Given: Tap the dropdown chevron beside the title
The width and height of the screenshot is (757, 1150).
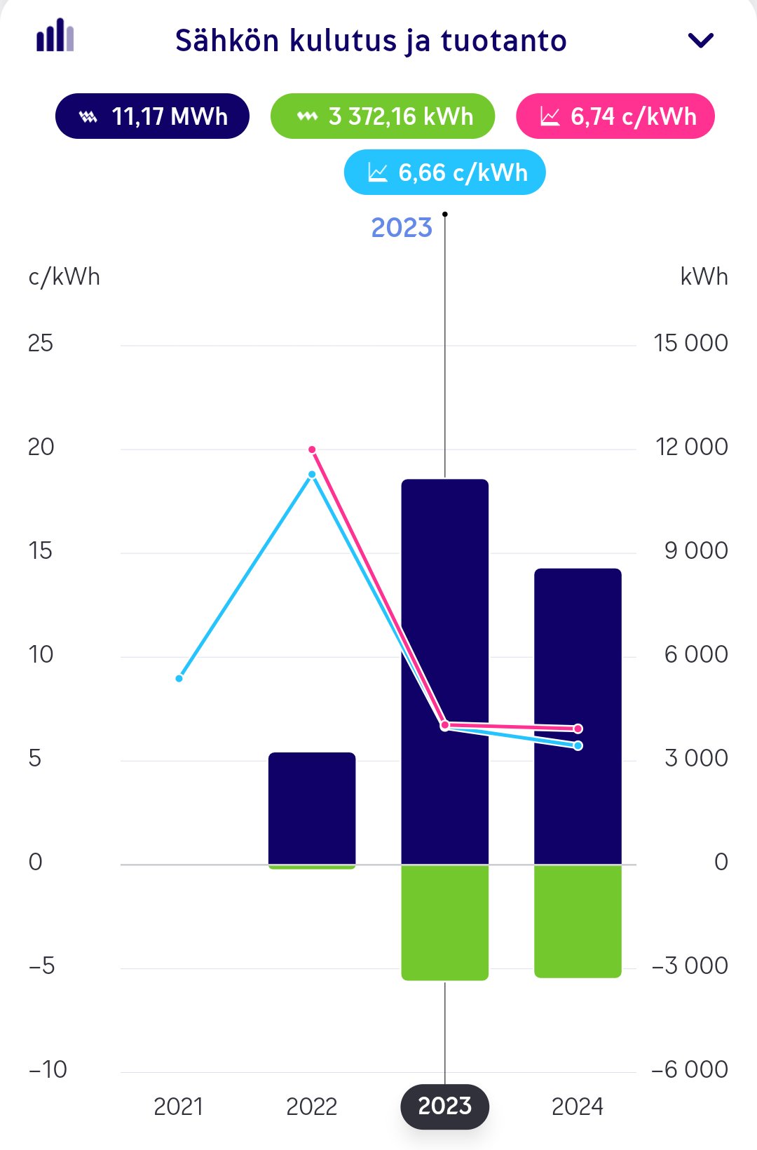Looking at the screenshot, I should pyautogui.click(x=701, y=41).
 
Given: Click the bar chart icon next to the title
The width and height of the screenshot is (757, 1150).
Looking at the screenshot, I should pyautogui.click(x=55, y=35).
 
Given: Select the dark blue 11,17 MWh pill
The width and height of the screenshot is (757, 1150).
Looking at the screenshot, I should pyautogui.click(x=152, y=116).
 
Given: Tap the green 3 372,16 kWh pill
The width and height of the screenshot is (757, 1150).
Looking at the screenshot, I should pyautogui.click(x=383, y=116).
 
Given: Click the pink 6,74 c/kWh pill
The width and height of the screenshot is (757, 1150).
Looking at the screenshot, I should pyautogui.click(x=615, y=116).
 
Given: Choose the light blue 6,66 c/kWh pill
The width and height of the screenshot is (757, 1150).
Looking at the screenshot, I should pyautogui.click(x=445, y=172).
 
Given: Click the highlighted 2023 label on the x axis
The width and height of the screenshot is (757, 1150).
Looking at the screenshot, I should pyautogui.click(x=445, y=1107).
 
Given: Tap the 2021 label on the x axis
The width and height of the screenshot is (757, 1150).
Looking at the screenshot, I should pyautogui.click(x=178, y=1107).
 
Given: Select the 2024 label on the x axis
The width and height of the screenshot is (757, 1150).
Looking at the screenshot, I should pyautogui.click(x=578, y=1107).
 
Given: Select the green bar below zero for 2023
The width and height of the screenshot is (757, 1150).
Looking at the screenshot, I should pyautogui.click(x=445, y=923).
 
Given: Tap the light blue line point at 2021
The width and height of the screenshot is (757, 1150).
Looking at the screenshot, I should pyautogui.click(x=179, y=678).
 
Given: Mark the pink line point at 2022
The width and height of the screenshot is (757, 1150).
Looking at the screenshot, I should pyautogui.click(x=312, y=449).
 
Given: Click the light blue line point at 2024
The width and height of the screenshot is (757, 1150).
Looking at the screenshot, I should pyautogui.click(x=578, y=745).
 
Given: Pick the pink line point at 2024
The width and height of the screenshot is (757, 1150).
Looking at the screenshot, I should pyautogui.click(x=578, y=729).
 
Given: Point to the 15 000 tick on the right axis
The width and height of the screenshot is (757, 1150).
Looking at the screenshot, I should pyautogui.click(x=690, y=343).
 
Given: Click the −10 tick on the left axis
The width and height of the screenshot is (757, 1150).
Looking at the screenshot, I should pyautogui.click(x=48, y=1069).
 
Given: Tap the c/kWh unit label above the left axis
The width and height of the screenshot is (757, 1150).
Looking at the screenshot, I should pyautogui.click(x=64, y=277).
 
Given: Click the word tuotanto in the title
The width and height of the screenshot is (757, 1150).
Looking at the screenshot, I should pyautogui.click(x=503, y=41).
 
